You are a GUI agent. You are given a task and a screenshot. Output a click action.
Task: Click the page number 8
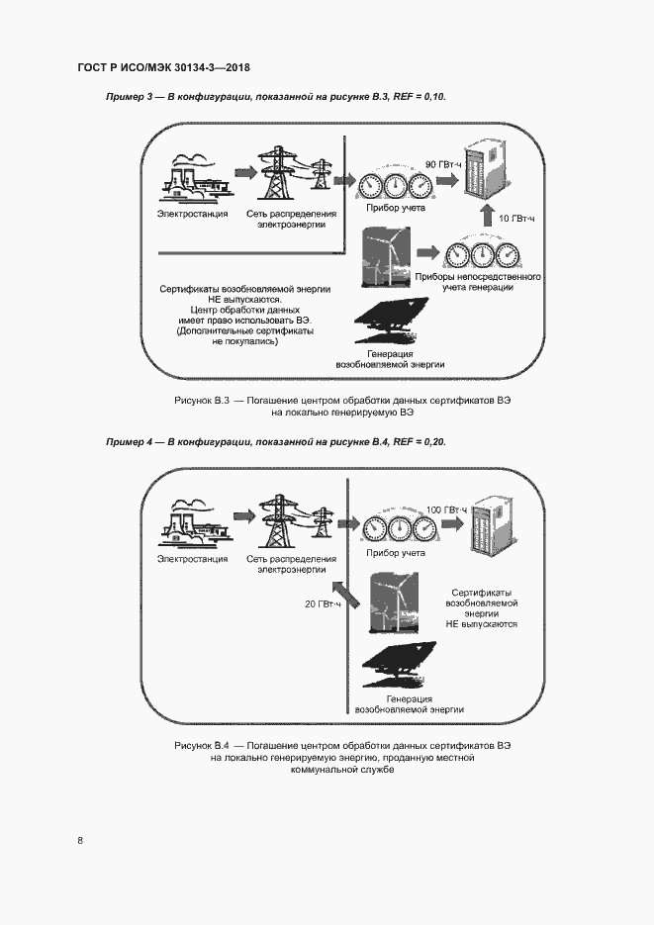click(x=80, y=840)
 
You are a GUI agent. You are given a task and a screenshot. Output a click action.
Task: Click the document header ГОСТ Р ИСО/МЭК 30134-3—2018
click(x=163, y=68)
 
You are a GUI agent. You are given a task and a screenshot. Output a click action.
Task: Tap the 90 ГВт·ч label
click(x=443, y=163)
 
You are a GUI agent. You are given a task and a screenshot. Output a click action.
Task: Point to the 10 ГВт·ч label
click(x=514, y=218)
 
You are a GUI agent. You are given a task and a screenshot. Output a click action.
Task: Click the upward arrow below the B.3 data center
click(x=484, y=217)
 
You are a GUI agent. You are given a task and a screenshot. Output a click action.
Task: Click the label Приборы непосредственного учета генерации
click(x=478, y=283)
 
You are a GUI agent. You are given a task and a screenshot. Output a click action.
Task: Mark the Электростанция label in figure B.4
click(x=192, y=559)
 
